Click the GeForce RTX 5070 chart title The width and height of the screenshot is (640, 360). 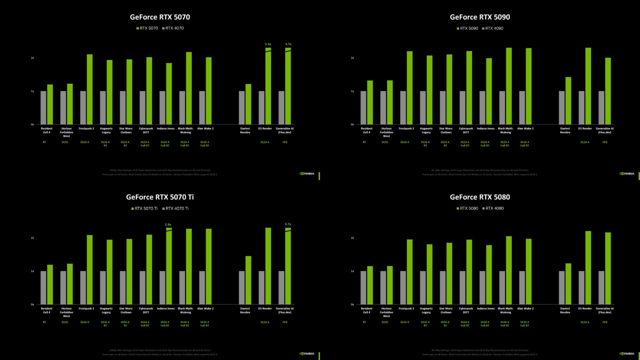(x=160, y=17)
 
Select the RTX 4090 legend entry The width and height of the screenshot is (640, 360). (x=494, y=28)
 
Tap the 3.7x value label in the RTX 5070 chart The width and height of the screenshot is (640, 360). (x=288, y=44)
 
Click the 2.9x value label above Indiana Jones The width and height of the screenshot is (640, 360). (x=168, y=225)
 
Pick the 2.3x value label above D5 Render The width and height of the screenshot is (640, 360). (x=268, y=44)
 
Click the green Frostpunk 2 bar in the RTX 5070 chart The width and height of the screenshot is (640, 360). (x=90, y=89)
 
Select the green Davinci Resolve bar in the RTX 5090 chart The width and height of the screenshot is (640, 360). (x=568, y=101)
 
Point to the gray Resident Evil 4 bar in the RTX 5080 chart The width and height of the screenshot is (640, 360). (x=363, y=287)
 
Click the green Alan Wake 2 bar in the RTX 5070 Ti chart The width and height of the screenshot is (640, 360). (x=209, y=266)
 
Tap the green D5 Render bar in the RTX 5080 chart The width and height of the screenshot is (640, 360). (x=588, y=267)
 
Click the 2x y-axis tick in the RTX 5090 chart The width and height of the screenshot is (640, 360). (x=352, y=58)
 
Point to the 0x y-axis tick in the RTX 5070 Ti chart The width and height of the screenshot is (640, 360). (x=32, y=304)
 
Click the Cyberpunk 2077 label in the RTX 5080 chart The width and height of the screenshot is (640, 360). (x=466, y=310)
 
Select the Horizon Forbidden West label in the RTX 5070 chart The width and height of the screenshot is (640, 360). (x=66, y=132)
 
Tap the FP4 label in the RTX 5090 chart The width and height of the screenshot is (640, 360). (x=605, y=142)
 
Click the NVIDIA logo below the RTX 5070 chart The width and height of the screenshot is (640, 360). (x=307, y=174)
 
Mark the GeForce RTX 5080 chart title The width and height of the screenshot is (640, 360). (x=480, y=197)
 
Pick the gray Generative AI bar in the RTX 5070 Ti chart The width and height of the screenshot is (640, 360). (x=281, y=287)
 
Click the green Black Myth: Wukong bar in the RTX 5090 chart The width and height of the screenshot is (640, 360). (x=509, y=86)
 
